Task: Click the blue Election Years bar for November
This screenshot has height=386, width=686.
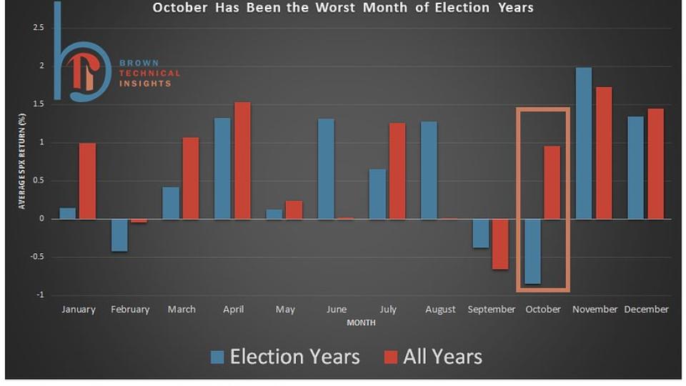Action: [584, 143]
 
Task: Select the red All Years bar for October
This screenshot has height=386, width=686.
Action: [552, 182]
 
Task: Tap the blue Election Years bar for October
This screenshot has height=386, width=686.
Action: [532, 252]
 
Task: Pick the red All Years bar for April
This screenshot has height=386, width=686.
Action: [242, 160]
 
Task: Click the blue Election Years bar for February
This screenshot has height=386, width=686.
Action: [119, 235]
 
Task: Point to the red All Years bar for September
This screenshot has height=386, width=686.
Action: [500, 244]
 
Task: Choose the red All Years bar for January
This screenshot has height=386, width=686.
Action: [87, 181]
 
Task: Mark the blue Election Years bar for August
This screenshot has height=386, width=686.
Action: [429, 170]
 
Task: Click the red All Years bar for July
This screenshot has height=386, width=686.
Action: [397, 171]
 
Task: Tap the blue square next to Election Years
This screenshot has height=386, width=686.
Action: [217, 357]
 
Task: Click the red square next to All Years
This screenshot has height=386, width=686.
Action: [391, 357]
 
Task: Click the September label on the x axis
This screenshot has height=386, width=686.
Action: [492, 310]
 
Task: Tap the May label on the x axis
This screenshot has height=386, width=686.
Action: [285, 310]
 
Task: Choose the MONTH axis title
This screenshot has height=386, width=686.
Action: [361, 323]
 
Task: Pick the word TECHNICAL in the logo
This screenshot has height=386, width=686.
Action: [150, 73]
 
